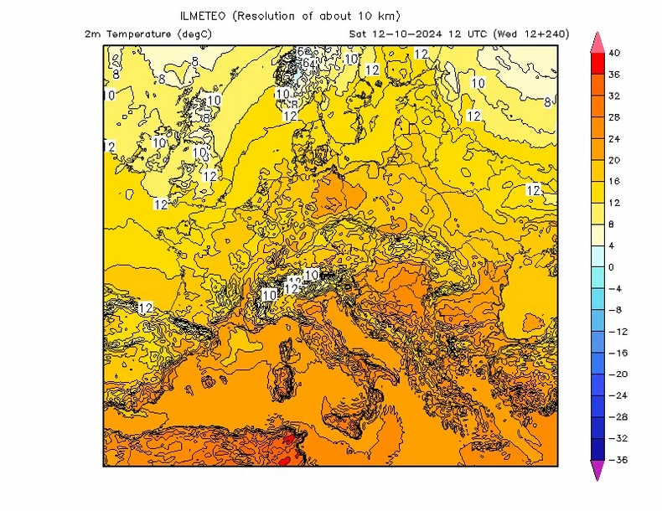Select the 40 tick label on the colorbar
pos(614,53)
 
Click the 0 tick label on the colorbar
pos(611,267)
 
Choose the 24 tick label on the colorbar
pos(614,139)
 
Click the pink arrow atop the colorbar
pos(597,42)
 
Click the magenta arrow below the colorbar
pos(597,471)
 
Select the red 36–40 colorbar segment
pos(597,64)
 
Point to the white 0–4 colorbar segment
pos(597,256)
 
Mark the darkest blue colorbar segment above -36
pos(597,449)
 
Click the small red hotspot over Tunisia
pos(289,438)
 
